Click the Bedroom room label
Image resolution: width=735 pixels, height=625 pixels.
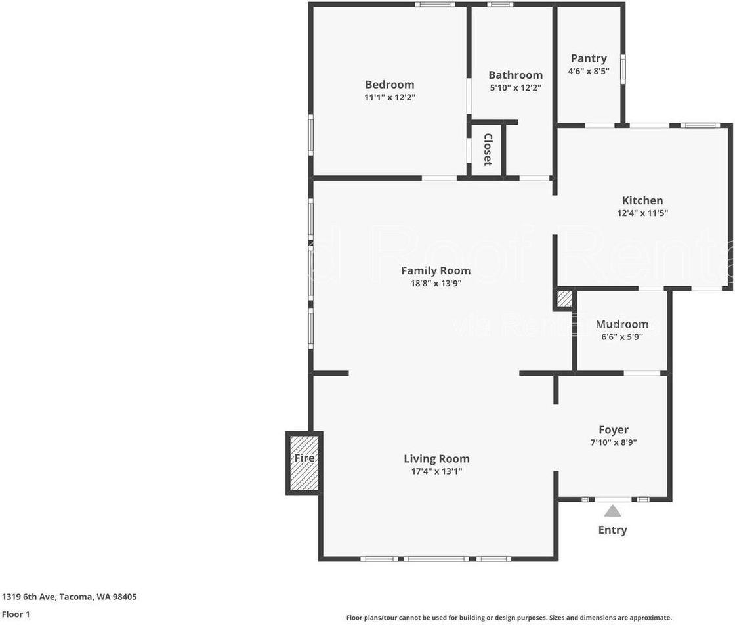coord(389,85)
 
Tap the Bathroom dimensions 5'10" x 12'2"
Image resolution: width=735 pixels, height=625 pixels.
coord(515,88)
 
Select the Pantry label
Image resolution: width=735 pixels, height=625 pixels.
coord(589,58)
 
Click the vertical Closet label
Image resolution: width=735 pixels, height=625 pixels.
coord(488,150)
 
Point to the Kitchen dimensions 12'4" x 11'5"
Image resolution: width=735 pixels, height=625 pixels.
coord(642,213)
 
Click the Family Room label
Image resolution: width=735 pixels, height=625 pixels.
coord(436,270)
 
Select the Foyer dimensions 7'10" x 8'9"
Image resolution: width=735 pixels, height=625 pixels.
coord(614,442)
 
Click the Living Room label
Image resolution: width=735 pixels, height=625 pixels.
coord(436,459)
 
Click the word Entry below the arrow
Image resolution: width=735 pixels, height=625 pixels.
coord(612,530)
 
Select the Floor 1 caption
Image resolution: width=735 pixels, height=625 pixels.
coord(16,614)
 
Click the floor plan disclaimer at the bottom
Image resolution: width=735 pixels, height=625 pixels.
coord(509,618)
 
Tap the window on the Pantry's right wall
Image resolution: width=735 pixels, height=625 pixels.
coord(623,69)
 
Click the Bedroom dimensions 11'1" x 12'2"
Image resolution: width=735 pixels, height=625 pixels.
coord(390,97)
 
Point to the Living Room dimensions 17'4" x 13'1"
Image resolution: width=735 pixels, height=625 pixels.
coord(436,471)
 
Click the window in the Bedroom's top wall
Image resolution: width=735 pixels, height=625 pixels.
coord(434,5)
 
